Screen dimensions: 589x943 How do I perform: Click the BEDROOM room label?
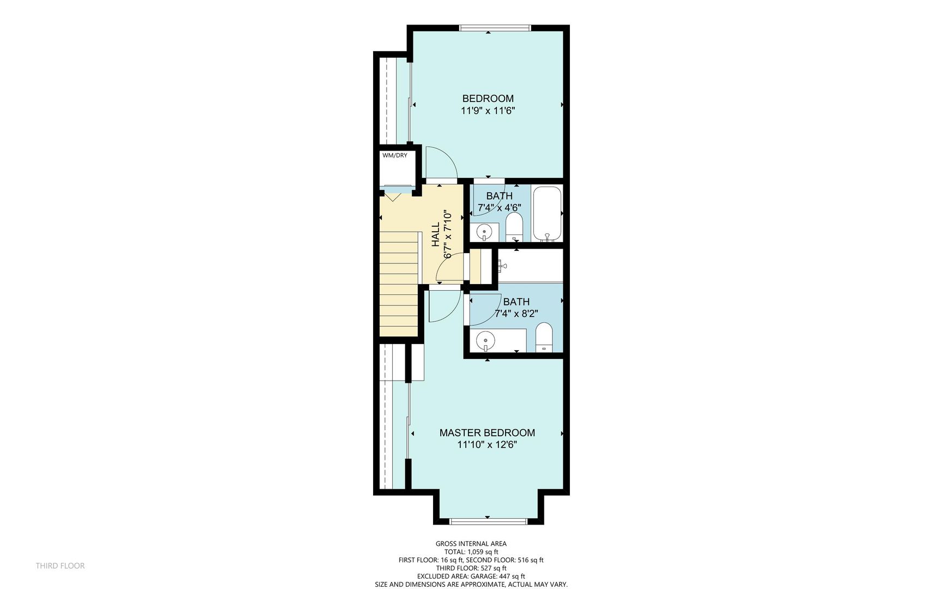tap(488, 99)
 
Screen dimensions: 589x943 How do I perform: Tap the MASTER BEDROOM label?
tap(487, 432)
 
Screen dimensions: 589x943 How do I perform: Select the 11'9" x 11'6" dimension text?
tap(488, 111)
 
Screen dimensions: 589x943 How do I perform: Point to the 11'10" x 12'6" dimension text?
tap(487, 444)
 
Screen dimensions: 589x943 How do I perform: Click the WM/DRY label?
tap(394, 155)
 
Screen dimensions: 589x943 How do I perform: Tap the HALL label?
tap(436, 235)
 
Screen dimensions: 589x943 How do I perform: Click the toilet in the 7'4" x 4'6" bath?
tap(514, 226)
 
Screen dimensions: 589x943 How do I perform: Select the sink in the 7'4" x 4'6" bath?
tap(484, 233)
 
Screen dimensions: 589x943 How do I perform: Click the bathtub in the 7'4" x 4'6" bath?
tap(546, 214)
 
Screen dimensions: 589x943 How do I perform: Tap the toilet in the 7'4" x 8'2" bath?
tap(544, 337)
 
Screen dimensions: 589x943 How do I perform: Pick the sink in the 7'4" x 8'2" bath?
tap(485, 341)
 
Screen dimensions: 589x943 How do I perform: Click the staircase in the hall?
tap(399, 284)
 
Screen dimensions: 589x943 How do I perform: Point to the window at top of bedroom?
tap(495, 28)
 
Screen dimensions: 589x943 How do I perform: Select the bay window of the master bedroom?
tap(488, 521)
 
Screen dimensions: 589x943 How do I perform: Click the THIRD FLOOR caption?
tap(60, 566)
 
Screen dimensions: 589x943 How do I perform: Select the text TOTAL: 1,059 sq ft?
tap(471, 552)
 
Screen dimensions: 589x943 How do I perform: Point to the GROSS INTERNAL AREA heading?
tap(471, 544)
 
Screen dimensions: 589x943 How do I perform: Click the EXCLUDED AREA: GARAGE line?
tap(471, 576)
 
